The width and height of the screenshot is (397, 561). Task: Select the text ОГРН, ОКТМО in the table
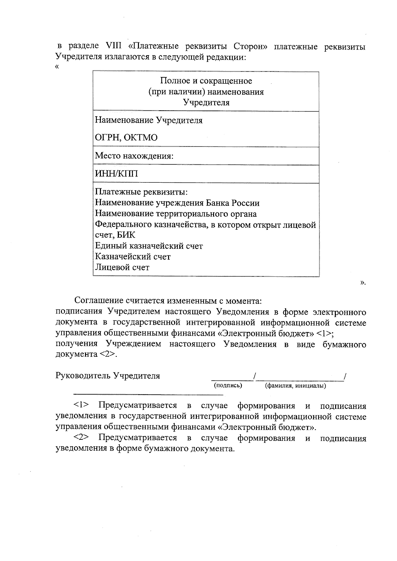tap(126, 138)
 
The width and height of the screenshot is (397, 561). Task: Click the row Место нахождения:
tap(134, 156)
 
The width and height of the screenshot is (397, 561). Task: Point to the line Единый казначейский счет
tap(149, 246)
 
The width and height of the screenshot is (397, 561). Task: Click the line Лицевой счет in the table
tap(122, 267)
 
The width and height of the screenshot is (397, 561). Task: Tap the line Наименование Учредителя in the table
tap(149, 120)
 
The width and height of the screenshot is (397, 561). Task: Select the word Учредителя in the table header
tap(206, 102)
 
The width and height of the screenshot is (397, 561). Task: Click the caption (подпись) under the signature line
tap(228, 385)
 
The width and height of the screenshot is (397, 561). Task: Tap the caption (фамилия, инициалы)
tap(295, 386)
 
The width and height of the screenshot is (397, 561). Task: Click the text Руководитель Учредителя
tap(108, 376)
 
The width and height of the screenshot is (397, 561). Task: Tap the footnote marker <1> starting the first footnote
tap(81, 405)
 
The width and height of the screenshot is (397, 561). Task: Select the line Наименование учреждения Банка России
tap(177, 203)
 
